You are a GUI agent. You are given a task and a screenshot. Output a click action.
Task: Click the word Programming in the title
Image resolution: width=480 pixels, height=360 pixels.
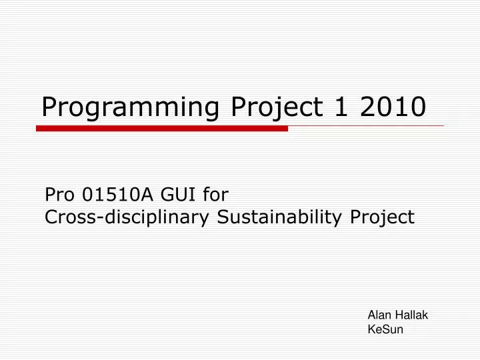click(131, 107)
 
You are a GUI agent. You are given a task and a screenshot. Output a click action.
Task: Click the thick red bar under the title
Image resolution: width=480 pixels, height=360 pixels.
click(162, 128)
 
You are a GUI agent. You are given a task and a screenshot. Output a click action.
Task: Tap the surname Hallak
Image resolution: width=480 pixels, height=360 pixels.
click(413, 316)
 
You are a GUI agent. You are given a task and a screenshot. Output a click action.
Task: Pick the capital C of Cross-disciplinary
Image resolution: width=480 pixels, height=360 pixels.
click(50, 217)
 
